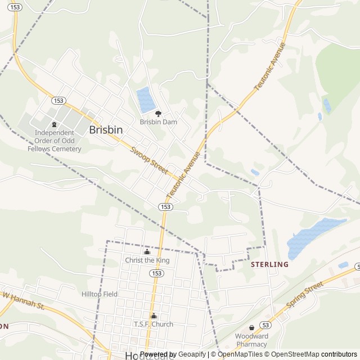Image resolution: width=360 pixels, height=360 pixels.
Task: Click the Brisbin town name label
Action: click(x=106, y=129)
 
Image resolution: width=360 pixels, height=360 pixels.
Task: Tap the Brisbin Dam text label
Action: click(x=158, y=121)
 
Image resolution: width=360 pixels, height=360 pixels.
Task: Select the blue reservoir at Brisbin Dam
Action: click(x=146, y=100)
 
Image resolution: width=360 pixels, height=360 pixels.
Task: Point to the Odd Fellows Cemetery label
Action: click(x=55, y=141)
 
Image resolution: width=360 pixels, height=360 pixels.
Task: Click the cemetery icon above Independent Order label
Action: click(x=54, y=124)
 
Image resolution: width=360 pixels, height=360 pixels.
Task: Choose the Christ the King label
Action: click(x=147, y=260)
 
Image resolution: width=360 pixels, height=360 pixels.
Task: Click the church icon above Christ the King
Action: click(x=147, y=252)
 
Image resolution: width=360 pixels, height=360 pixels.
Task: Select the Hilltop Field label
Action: click(x=100, y=294)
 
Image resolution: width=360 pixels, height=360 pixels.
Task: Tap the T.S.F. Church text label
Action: click(x=153, y=324)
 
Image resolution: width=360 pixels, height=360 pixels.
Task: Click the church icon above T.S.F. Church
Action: click(x=153, y=316)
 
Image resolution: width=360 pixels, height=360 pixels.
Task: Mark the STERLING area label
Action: click(x=269, y=264)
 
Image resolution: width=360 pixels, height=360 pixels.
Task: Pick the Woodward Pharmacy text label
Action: click(x=251, y=340)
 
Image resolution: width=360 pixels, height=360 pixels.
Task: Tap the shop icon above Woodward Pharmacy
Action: click(x=251, y=327)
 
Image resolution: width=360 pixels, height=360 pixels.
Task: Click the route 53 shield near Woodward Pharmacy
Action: click(x=265, y=325)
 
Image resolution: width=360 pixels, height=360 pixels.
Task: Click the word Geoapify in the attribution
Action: click(x=192, y=354)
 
